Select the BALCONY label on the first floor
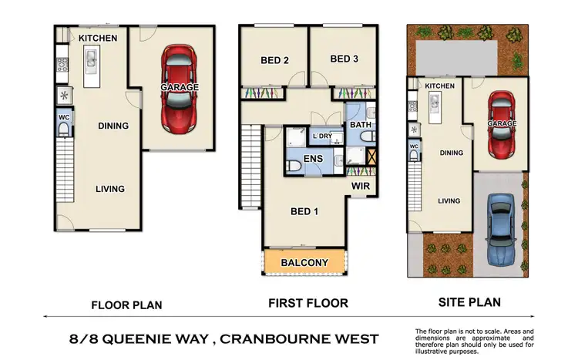click(304, 263)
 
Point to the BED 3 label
click(344, 59)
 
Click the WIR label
click(362, 186)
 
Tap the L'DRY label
click(322, 136)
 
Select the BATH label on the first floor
click(361, 124)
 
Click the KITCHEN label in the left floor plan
click(98, 38)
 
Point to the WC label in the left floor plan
click(64, 117)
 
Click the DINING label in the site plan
click(451, 153)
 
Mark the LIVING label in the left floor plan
click(109, 189)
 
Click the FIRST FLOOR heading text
click(307, 303)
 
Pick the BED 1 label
click(304, 211)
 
